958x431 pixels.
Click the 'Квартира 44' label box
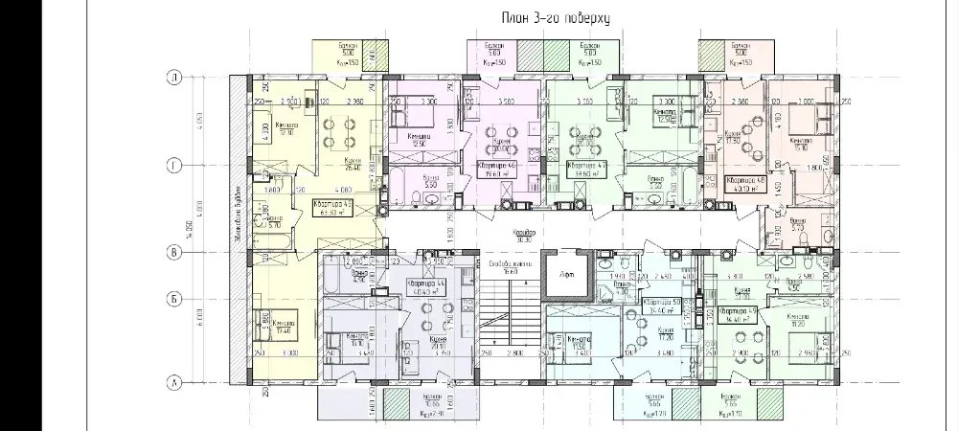(426, 288)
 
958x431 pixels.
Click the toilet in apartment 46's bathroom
(432, 198)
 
